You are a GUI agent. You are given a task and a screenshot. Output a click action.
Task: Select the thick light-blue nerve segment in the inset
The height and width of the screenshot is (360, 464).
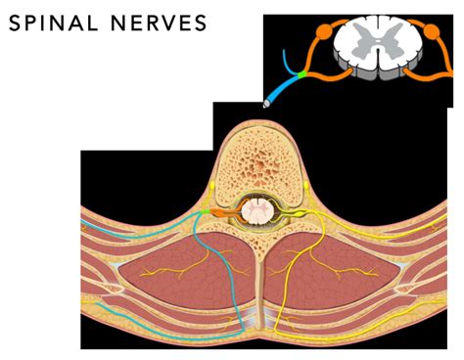click(285, 87)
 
